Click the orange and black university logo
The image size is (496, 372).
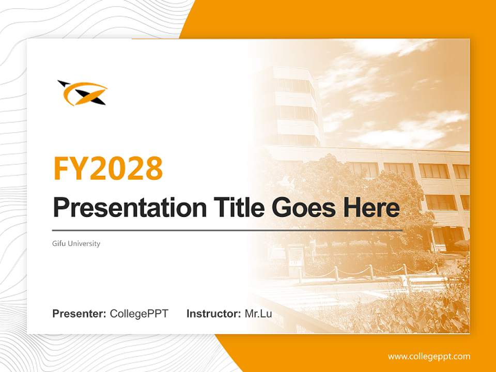tap(83, 93)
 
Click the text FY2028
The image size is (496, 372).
tap(108, 168)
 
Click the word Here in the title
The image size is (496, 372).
tap(371, 208)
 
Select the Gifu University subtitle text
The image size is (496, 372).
tap(76, 243)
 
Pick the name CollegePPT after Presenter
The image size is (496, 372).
tap(139, 314)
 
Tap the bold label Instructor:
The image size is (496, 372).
tap(213, 314)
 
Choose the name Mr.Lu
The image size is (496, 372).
tap(258, 314)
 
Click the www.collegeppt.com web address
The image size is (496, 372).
tap(429, 357)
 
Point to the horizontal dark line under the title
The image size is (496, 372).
tap(227, 230)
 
